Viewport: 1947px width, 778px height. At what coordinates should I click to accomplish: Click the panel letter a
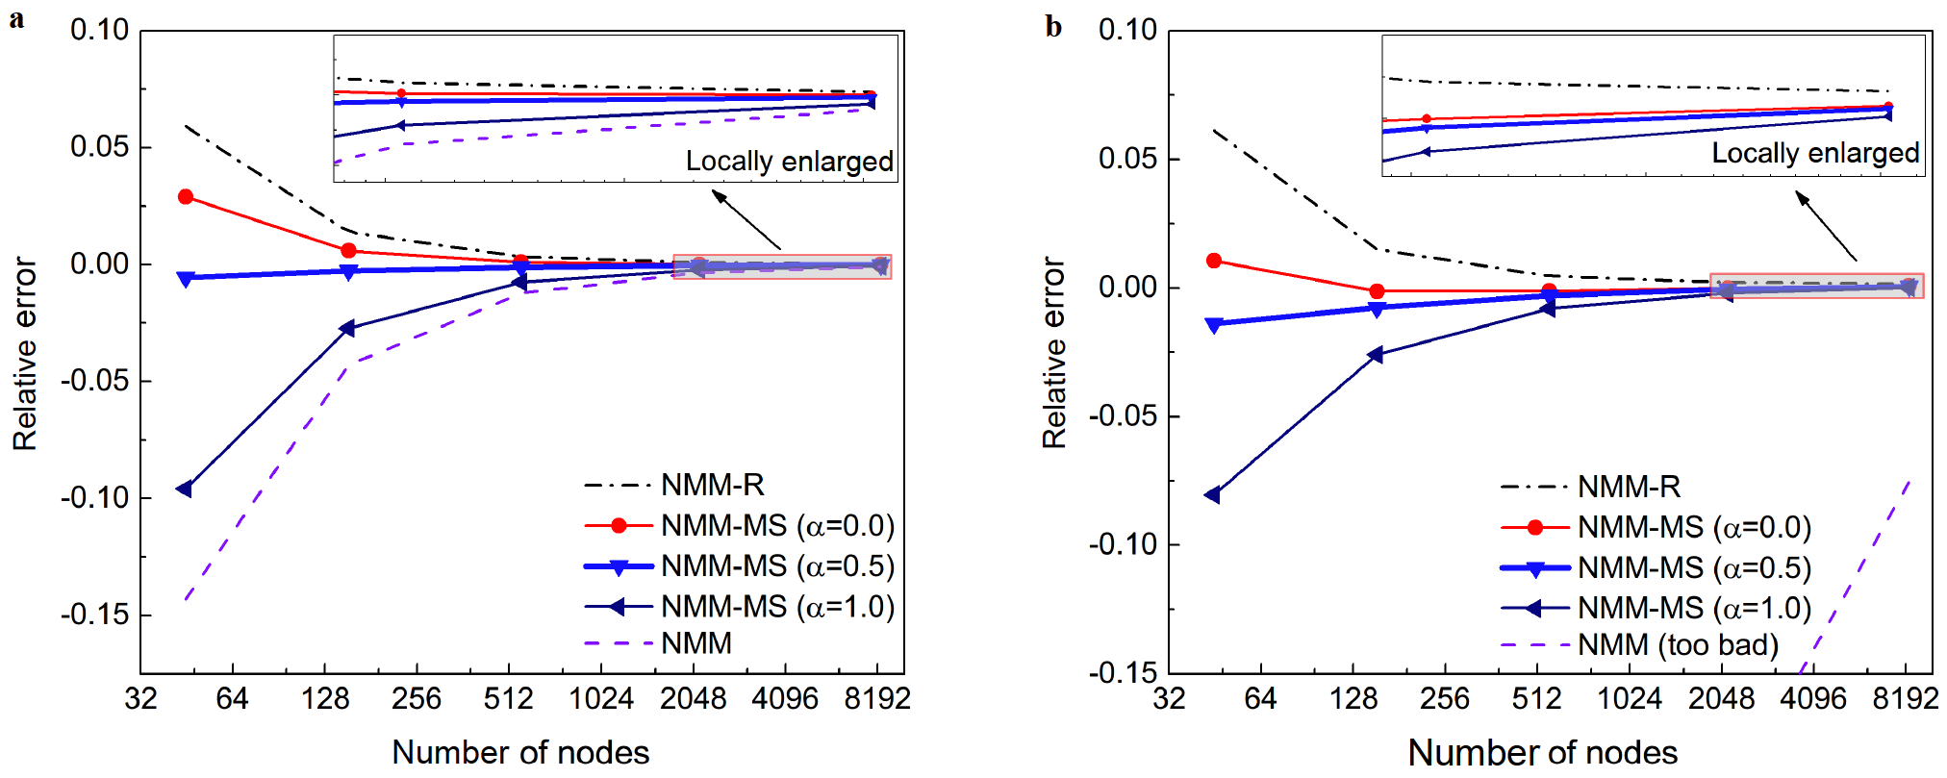(x=16, y=19)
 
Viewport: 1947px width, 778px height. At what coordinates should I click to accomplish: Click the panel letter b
(x=1053, y=26)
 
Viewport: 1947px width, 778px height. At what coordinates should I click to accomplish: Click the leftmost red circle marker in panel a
(x=186, y=197)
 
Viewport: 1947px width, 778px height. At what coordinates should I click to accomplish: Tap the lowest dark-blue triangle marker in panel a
(x=185, y=489)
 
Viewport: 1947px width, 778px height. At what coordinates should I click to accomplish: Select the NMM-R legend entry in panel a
(x=712, y=486)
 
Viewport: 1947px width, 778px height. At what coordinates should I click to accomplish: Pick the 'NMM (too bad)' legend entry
(x=1678, y=644)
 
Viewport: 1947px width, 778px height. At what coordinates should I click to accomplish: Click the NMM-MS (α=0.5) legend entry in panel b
(x=1694, y=568)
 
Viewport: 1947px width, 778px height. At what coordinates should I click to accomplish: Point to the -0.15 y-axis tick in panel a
(x=95, y=615)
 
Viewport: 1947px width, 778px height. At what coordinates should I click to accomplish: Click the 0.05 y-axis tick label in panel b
(x=1127, y=159)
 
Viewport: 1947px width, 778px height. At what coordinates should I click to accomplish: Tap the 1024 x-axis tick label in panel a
(x=601, y=699)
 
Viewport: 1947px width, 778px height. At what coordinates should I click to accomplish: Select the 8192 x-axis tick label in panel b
(x=1905, y=699)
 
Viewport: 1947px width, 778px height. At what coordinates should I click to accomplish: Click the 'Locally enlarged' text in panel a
(x=789, y=162)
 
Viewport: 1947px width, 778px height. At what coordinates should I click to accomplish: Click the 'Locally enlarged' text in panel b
(x=1815, y=153)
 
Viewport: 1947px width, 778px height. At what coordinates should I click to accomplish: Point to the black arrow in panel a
(x=746, y=220)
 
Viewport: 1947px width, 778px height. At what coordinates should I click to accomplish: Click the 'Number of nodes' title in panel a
(x=520, y=752)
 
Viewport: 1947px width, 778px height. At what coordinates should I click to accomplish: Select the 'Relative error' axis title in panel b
(x=1054, y=352)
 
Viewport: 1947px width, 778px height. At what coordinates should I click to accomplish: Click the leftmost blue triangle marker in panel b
(x=1213, y=325)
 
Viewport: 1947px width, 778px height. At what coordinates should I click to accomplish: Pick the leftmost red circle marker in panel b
(x=1214, y=261)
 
